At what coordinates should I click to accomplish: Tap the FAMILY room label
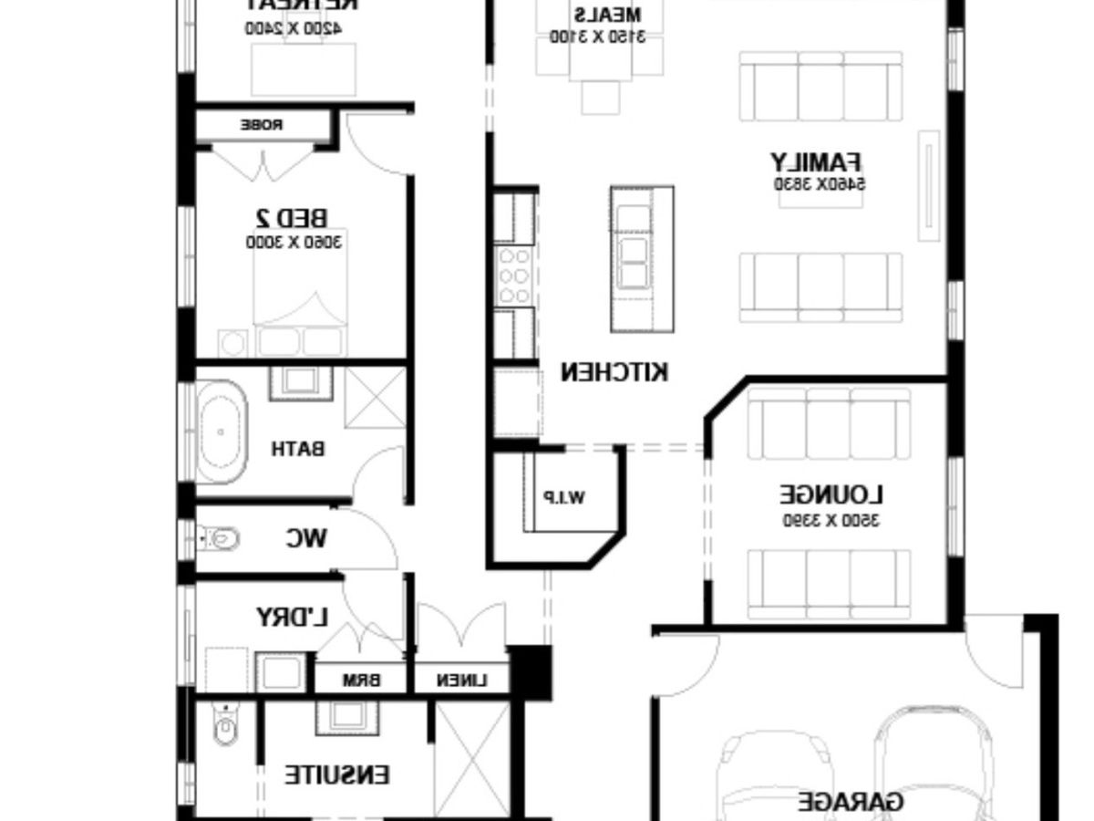pos(816,163)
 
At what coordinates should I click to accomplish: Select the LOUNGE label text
pos(831,495)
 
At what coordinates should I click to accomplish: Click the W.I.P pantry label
pos(564,497)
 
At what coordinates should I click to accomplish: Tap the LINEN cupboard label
pos(461,681)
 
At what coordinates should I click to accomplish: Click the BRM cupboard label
pos(361,681)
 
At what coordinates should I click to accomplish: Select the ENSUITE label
pos(336,775)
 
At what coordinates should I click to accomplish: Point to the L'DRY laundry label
pos(292,618)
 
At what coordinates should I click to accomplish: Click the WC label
pos(305,539)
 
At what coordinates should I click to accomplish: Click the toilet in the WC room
pos(219,539)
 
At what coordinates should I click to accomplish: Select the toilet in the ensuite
pos(222,726)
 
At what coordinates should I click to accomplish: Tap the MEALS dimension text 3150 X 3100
pos(596,36)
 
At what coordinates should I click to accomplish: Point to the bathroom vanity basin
pos(300,379)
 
